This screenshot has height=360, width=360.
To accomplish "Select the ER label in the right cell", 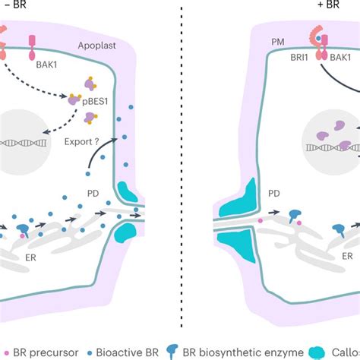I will pos(347,257).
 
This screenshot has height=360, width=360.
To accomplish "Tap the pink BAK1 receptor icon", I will pos(32,46).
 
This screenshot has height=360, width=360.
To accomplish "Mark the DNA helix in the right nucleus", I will pos(334,148).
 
